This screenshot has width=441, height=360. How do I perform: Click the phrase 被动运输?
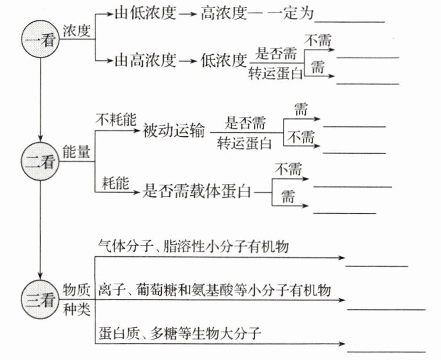174,131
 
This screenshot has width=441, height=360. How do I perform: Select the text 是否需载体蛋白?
196,190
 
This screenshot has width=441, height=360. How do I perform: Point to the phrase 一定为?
290,12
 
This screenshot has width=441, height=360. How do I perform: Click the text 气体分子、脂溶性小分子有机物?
193,247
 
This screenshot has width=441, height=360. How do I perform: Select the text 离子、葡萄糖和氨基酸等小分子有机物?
215,290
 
